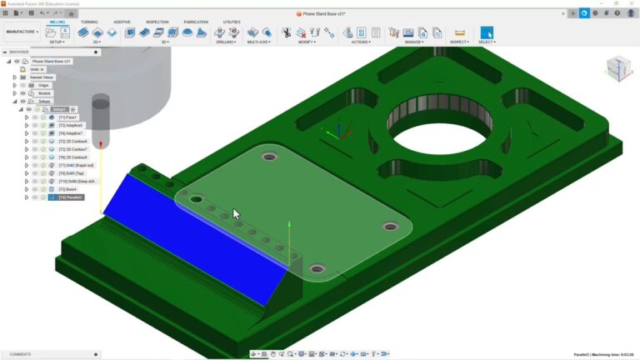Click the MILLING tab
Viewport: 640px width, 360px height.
tap(57, 22)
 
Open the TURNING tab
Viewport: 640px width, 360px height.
tap(89, 22)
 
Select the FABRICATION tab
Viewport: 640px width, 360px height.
tap(196, 22)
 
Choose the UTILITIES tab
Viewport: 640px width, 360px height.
tap(232, 22)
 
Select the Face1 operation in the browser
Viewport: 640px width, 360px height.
tap(68, 117)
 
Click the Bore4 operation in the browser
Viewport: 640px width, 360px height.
tap(67, 189)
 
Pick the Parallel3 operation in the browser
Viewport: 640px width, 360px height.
tap(72, 197)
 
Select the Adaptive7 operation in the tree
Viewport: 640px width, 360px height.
tap(71, 133)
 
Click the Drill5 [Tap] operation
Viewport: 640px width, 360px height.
tap(72, 173)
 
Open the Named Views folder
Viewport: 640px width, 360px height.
tap(42, 77)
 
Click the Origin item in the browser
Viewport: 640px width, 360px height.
tap(44, 85)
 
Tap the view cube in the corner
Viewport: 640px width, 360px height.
tap(618, 68)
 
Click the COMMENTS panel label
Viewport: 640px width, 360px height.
tap(20, 354)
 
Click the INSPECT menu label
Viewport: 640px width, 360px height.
tap(459, 42)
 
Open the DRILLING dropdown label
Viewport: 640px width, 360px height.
tap(226, 42)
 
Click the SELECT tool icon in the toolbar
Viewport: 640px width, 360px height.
tap(487, 32)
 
